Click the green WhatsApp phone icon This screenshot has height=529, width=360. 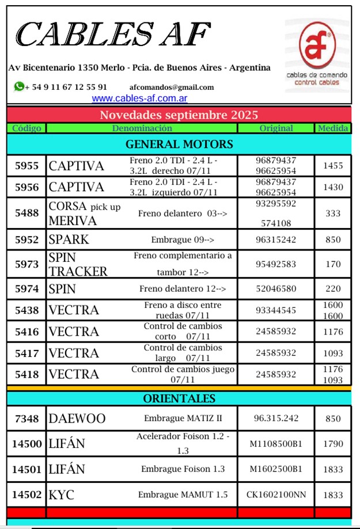(20, 86)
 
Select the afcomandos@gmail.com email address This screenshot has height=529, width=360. (172, 87)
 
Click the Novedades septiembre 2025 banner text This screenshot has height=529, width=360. (179, 115)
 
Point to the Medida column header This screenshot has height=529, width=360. (333, 128)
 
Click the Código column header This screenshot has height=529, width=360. (26, 128)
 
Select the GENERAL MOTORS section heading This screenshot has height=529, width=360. (179, 144)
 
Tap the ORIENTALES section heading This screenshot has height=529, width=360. (179, 398)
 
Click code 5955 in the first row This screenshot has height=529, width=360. (26, 166)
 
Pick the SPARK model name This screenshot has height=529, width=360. (69, 239)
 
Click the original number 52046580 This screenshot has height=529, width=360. (276, 289)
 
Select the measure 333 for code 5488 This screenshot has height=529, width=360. (333, 214)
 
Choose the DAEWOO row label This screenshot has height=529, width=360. (77, 418)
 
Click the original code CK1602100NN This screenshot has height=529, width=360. (276, 494)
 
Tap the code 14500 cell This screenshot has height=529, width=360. (26, 444)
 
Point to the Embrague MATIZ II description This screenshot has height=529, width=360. (179, 418)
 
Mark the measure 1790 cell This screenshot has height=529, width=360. (333, 444)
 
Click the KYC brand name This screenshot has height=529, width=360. (62, 494)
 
